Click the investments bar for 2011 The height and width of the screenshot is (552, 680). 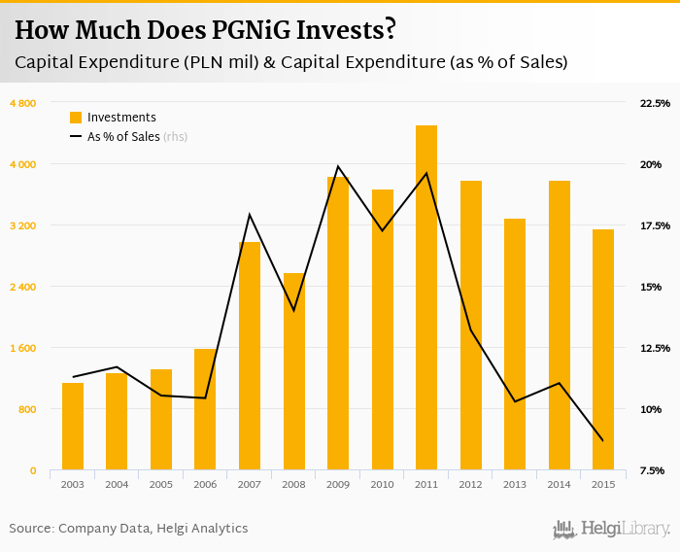(x=426, y=297)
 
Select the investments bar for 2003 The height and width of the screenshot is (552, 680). (x=73, y=427)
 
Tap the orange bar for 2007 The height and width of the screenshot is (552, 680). (x=250, y=356)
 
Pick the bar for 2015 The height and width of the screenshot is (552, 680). (x=603, y=350)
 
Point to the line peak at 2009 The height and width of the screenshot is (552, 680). (x=338, y=166)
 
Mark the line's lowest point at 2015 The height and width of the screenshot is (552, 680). (x=603, y=441)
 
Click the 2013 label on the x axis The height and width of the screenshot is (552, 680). (x=515, y=484)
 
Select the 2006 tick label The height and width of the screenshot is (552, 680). (x=205, y=484)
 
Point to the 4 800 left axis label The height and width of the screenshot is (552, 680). (x=23, y=103)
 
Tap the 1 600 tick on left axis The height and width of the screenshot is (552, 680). (x=23, y=348)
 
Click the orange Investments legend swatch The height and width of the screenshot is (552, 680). (x=76, y=118)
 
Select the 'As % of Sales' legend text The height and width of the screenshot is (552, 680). (x=123, y=137)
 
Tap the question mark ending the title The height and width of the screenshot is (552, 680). (x=390, y=30)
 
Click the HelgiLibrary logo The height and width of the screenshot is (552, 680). (x=612, y=529)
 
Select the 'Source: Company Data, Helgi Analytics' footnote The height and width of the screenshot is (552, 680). (x=128, y=529)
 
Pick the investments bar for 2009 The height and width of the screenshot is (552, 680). (x=338, y=323)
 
